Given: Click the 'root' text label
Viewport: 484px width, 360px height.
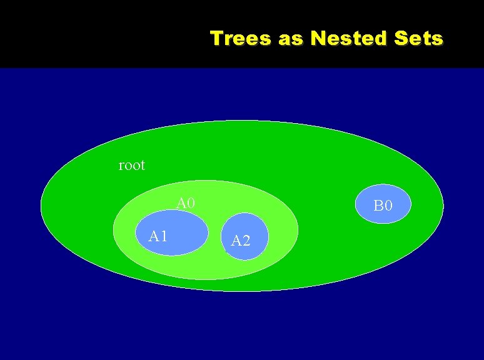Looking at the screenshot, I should (131, 165).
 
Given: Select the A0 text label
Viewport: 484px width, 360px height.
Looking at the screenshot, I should (186, 203).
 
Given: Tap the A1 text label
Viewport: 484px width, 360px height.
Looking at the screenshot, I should (158, 236).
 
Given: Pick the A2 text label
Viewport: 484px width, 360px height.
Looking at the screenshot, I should (241, 241).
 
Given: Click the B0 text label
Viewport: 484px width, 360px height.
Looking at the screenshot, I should (383, 204).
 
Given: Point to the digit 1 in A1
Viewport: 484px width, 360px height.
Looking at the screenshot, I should (163, 236).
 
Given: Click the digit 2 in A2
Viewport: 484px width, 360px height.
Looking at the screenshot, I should (246, 241).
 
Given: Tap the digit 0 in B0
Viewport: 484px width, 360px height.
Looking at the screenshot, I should (388, 204).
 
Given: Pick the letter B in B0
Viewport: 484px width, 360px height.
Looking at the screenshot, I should (378, 204).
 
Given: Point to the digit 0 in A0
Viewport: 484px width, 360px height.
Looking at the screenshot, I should (191, 203).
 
